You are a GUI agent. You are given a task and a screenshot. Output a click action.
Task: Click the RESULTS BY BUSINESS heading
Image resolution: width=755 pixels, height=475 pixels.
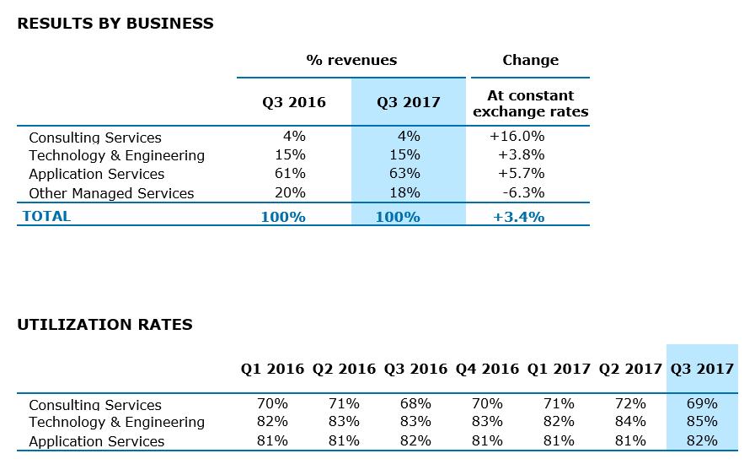tap(115, 24)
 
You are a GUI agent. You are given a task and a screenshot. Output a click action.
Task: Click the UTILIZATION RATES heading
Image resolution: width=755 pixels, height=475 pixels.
tap(104, 325)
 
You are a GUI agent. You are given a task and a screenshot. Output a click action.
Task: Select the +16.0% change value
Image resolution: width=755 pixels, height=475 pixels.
tap(517, 136)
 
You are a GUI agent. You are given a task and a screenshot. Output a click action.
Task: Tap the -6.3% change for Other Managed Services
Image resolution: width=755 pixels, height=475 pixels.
tap(522, 192)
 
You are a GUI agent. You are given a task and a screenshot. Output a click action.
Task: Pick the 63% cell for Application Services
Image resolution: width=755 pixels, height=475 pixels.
tap(408, 174)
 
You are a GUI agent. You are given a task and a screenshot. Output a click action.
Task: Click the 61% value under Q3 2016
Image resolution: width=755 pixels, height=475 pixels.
tap(291, 174)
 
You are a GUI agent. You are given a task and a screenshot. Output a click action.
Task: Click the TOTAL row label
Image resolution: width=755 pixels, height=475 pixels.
tap(47, 216)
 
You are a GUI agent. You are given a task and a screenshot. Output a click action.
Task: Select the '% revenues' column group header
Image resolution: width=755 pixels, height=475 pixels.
tap(351, 60)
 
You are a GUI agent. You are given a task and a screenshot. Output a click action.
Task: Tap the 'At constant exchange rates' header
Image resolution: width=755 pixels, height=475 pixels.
tap(531, 103)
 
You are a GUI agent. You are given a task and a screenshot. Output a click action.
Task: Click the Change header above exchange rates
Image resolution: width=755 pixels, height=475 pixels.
tap(531, 60)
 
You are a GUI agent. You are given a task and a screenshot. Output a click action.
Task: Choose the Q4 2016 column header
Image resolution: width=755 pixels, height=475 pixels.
tap(487, 369)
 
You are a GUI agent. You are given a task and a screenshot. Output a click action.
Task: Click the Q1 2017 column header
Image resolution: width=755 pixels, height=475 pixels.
tap(559, 369)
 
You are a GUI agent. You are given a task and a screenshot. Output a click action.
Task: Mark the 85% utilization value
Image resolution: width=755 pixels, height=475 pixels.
tap(702, 422)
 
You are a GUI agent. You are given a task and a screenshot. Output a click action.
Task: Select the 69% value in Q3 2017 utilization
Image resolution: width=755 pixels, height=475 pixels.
tap(702, 403)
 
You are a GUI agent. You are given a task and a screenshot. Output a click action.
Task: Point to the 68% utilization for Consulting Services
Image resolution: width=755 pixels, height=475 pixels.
tap(415, 403)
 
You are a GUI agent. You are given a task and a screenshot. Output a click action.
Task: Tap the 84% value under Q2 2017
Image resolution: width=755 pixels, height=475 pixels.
tap(630, 422)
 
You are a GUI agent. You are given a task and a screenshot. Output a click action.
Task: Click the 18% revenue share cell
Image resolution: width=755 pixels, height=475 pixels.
tap(408, 192)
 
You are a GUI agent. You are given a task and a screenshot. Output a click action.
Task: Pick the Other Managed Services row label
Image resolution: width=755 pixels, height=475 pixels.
tap(111, 193)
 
